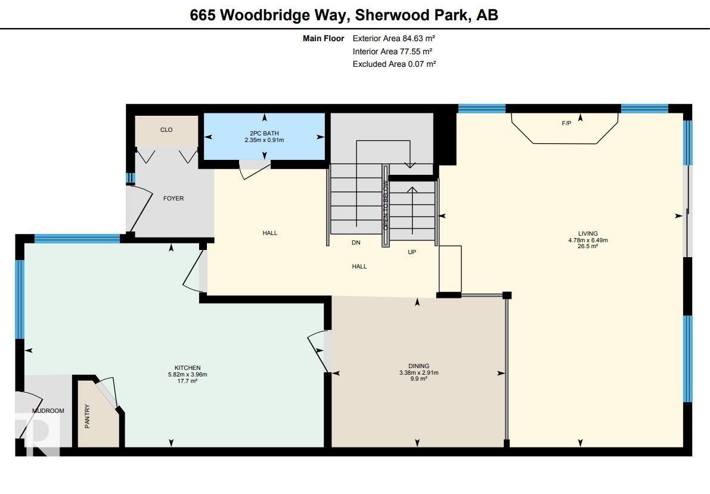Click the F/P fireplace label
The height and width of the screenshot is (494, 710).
566,123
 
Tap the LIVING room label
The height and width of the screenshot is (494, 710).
588,234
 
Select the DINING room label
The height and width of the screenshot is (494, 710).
419,366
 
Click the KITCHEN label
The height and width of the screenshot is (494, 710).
187,368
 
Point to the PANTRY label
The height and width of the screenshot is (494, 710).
88,416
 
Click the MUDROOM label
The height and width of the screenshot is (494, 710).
48,410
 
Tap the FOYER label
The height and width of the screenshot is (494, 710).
173,199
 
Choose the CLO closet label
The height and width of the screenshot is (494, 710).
166,129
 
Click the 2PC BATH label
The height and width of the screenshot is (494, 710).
265,133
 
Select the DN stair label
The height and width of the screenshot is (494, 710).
356,242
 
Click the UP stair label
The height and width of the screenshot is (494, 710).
411,252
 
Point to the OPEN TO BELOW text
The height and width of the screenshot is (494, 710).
385,205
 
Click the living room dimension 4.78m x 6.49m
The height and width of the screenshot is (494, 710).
588,240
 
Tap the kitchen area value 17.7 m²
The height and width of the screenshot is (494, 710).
187,381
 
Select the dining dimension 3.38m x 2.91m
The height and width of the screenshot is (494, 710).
419,372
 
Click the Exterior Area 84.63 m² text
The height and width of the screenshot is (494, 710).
394,39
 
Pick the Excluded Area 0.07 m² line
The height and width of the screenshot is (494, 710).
395,64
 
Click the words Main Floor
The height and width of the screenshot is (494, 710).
323,39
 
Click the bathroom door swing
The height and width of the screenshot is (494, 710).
255,171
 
